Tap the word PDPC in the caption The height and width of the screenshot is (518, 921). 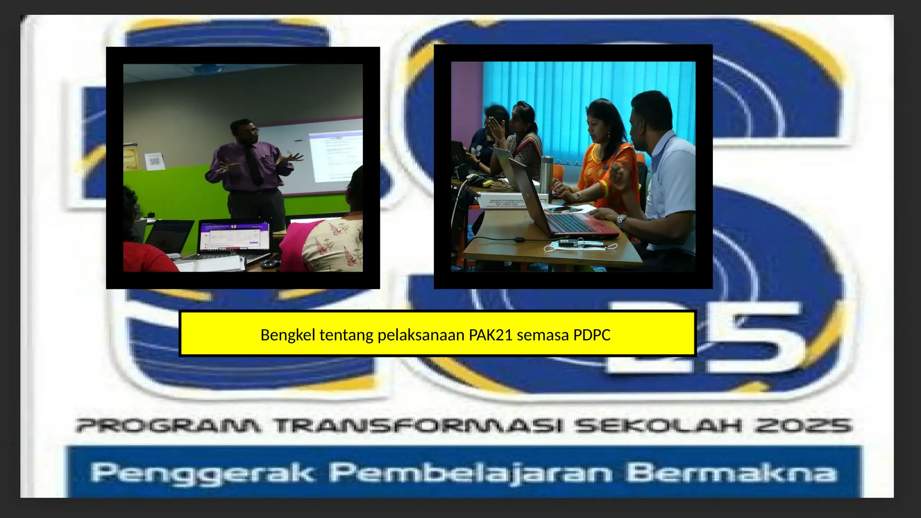pos(591,335)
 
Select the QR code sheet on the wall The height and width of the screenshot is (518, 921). pos(154,160)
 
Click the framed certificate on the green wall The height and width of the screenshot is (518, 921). pos(130,157)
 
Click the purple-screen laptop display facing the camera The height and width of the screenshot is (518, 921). pos(234,237)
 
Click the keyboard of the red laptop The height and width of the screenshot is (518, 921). pos(573,223)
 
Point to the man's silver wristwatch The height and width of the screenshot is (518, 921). pos(621,220)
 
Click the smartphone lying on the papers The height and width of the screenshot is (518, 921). pos(559,209)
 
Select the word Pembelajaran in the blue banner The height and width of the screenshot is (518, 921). pos(470,473)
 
